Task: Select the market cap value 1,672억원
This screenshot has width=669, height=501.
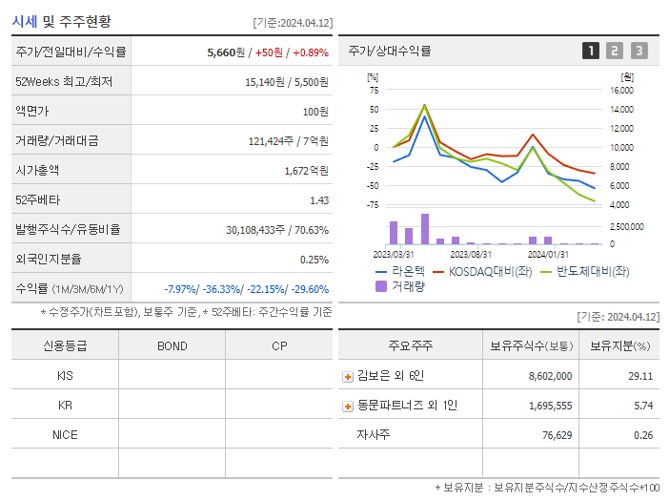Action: point(306,171)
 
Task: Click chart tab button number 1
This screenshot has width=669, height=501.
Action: point(591,51)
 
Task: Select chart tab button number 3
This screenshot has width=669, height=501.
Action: point(639,51)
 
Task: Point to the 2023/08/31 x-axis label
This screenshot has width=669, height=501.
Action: point(471,254)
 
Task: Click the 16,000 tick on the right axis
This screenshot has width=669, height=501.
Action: point(621,91)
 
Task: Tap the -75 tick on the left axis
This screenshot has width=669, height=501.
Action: point(374,205)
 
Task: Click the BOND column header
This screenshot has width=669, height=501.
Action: point(172,345)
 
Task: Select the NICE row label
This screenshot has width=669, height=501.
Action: point(65,435)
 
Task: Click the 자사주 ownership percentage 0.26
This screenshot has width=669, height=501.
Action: point(641,435)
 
